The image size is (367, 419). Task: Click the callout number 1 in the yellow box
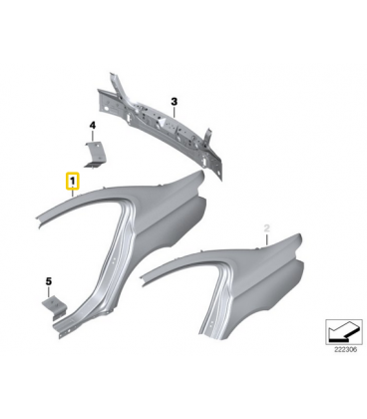coord(72,182)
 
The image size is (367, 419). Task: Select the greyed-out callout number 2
coord(266,228)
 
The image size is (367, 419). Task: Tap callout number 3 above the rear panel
coord(175,101)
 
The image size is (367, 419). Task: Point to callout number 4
coord(93,126)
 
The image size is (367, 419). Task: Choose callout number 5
coord(49,281)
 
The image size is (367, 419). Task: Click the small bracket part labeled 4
coord(95,154)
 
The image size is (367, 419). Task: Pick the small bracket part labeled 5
coord(54,307)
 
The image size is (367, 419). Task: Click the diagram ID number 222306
coord(343,350)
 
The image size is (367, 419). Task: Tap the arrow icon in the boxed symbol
coord(342,331)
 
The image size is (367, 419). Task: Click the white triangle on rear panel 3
coord(163,123)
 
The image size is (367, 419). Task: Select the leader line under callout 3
coord(175,112)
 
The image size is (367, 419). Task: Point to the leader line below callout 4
coord(93,136)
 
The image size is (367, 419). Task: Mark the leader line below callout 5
coord(49,292)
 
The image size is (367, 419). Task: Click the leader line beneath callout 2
coord(267,239)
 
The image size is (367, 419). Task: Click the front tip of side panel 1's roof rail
coord(38,220)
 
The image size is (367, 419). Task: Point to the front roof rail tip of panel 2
coord(143,278)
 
